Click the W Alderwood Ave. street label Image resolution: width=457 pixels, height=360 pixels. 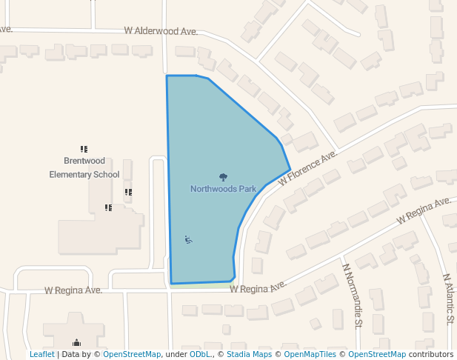161,32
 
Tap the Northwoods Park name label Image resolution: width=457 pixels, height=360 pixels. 223,189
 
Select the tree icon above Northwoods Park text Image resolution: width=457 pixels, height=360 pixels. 223,177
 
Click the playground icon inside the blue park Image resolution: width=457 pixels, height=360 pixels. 188,239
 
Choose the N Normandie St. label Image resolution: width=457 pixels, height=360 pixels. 352,295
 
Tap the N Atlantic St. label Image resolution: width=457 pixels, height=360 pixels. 447,299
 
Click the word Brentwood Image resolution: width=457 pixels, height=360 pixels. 84,161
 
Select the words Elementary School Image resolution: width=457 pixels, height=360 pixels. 84,175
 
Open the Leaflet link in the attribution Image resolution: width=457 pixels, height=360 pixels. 41,355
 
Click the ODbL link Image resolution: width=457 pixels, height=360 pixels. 199,355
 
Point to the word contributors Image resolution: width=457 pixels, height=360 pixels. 431,355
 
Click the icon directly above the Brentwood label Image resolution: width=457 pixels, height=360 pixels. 84,150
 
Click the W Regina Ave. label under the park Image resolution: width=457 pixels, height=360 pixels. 258,287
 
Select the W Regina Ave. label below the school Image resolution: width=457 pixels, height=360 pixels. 73,290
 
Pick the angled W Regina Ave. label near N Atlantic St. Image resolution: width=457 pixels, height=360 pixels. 424,210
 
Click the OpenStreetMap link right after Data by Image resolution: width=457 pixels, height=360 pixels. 132,355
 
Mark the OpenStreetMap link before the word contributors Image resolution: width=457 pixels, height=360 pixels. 377,355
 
